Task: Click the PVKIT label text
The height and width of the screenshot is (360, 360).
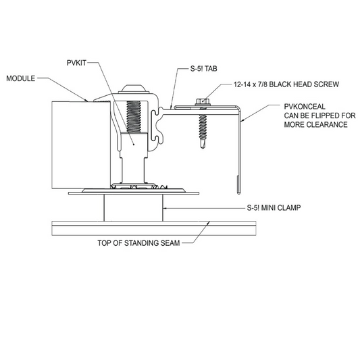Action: click(76, 63)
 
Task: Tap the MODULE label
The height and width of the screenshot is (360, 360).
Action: click(21, 78)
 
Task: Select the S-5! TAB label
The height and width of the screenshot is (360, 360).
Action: click(204, 69)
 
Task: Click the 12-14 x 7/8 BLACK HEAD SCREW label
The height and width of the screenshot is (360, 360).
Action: click(286, 84)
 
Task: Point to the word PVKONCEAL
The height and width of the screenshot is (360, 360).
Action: click(305, 107)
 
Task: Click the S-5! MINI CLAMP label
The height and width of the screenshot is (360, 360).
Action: click(274, 208)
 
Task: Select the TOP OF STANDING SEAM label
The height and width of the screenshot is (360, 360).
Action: click(138, 243)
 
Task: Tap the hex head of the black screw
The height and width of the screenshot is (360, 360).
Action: click(203, 101)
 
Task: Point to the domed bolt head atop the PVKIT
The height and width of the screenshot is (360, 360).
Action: click(134, 89)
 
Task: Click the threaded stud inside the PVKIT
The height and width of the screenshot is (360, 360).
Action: click(134, 116)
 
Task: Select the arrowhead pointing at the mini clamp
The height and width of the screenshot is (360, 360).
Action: click(165, 208)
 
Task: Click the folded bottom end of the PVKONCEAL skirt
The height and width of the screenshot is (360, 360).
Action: click(238, 185)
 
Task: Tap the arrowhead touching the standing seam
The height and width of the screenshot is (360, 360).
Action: click(208, 223)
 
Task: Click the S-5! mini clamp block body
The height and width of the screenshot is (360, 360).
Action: click(133, 208)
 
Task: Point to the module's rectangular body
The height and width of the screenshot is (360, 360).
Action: click(81, 145)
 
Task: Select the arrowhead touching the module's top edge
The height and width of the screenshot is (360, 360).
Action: click(86, 101)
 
